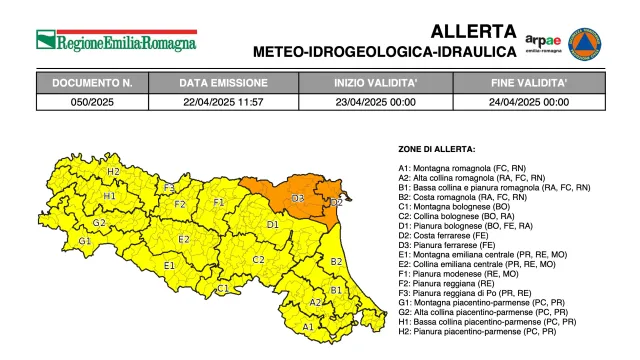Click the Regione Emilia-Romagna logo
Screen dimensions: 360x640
coord(116,41)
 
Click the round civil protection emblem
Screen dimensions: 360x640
coord(585,43)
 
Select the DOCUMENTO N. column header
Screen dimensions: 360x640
coord(92,83)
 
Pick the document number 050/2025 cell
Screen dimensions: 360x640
coord(92,101)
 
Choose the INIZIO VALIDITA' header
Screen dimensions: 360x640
coord(374,83)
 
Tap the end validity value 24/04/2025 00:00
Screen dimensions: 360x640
coord(530,101)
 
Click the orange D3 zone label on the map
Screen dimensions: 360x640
coord(298,199)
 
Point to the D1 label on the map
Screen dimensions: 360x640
coord(272,225)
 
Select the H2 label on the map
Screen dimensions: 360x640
coord(113,172)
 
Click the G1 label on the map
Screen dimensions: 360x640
coord(85,241)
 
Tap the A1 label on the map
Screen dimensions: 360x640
coord(308,327)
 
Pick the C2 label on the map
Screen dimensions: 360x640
coord(258,260)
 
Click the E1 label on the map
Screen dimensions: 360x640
coord(169,265)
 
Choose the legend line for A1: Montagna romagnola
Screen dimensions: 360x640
coord(463,168)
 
